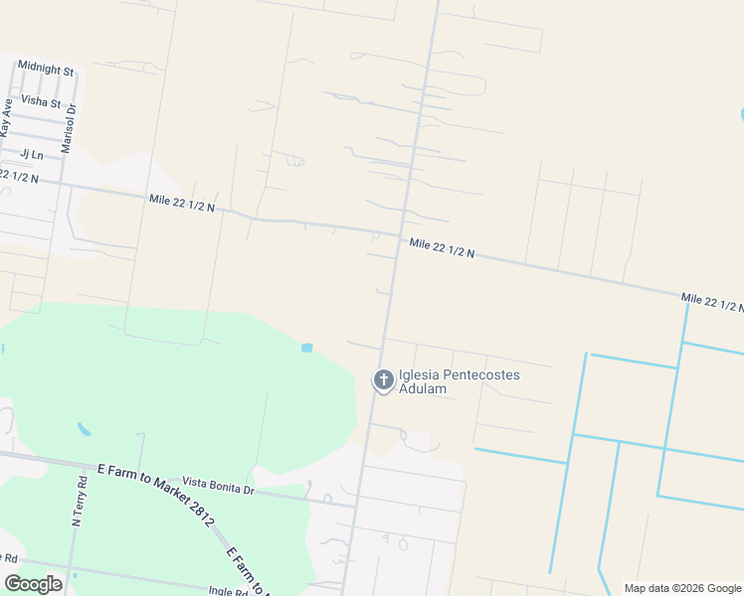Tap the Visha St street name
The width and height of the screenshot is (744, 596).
pos(41,102)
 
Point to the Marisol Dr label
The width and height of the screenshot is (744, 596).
pos(68,127)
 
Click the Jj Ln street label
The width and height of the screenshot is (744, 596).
pos(32,154)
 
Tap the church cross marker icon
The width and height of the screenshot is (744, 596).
pos(383,379)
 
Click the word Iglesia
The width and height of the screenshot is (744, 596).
pos(419,375)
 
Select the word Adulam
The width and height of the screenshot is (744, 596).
pos(422,389)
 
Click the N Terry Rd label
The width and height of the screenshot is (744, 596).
pos(80,501)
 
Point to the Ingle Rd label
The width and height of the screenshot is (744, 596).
pos(229,591)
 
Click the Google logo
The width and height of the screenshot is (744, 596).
pos(33,584)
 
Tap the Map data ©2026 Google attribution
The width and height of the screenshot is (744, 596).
pos(681,588)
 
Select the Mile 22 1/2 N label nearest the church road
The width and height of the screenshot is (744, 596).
pos(442,247)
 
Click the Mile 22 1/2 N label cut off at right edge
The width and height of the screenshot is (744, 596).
pos(712,302)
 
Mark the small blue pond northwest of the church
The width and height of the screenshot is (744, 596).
pos(306,348)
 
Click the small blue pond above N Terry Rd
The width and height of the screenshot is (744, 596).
pos(85,430)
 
